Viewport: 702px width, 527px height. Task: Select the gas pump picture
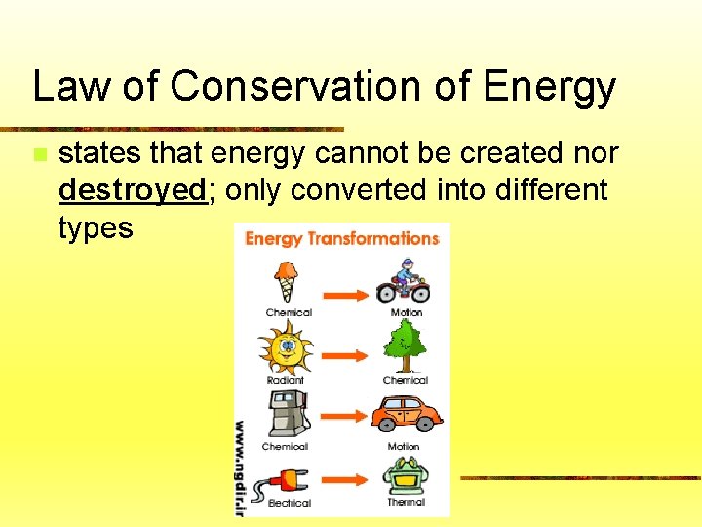pos(285,414)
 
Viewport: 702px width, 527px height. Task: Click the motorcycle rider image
pos(404,282)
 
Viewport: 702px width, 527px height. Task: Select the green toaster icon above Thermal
pos(405,477)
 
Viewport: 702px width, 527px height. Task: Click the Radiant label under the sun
pos(286,380)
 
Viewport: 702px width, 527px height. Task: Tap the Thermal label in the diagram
pos(406,502)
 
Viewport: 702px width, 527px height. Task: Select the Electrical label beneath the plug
pos(289,503)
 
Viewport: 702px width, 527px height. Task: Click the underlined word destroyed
pos(134,190)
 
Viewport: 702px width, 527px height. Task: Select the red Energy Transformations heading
pos(341,239)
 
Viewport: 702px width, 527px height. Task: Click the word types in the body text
pos(96,227)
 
